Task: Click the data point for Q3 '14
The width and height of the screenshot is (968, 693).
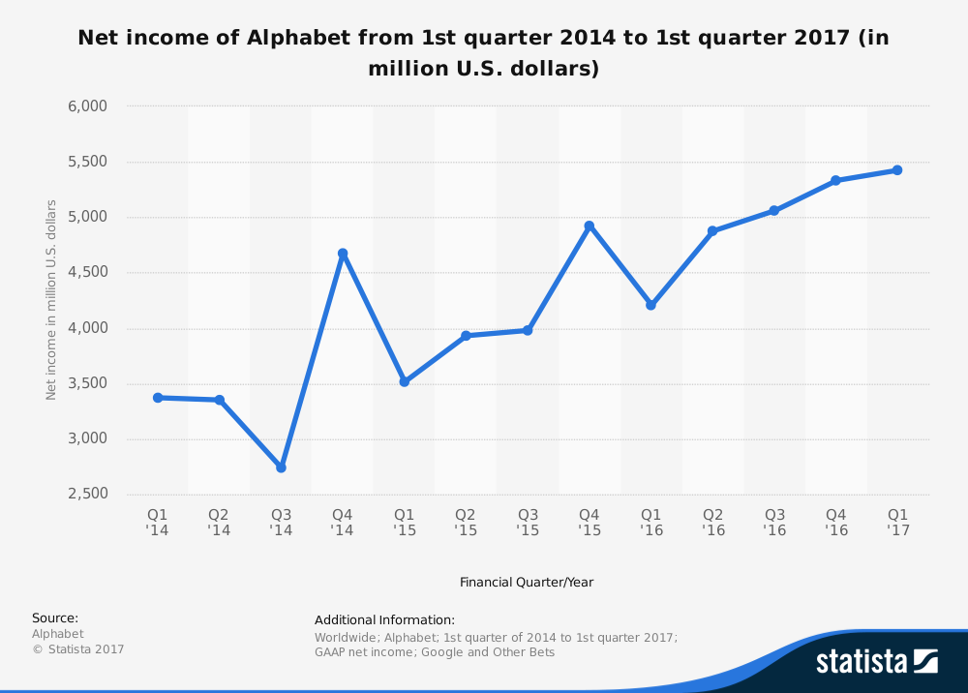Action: (281, 467)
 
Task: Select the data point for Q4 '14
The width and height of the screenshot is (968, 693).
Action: (343, 254)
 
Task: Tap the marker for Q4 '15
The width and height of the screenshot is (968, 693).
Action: (589, 226)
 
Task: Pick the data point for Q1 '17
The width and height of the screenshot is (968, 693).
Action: (897, 170)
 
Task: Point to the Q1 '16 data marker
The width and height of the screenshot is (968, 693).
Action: (650, 305)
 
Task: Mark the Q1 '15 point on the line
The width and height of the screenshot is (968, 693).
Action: (404, 381)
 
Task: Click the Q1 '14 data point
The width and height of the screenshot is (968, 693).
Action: (158, 398)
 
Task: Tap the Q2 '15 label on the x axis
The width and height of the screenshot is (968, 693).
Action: (466, 523)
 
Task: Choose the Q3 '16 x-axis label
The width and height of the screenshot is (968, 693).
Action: (774, 523)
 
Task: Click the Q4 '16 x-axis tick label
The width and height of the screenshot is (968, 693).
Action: (835, 523)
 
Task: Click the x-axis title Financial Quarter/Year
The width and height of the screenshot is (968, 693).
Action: (527, 583)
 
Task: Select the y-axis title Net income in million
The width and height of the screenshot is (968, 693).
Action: (51, 300)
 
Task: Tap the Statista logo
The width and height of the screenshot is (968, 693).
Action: (876, 661)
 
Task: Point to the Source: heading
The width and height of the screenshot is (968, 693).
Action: (55, 618)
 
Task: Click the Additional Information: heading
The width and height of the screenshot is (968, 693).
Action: (384, 620)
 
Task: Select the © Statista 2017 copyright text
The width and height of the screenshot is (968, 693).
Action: (78, 649)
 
